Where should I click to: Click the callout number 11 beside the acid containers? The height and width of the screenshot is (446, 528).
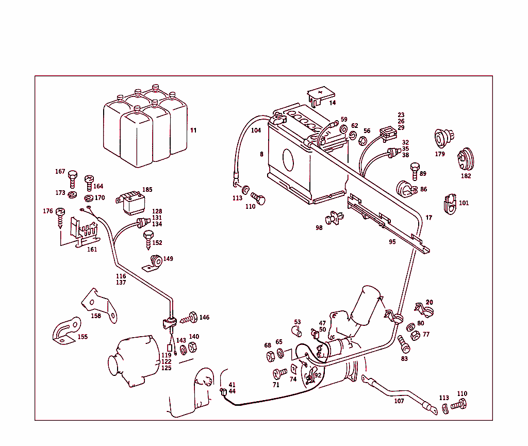tap(193, 130)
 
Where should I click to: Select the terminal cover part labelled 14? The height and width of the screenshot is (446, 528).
tap(320, 96)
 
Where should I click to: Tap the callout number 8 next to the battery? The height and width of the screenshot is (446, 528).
tap(261, 154)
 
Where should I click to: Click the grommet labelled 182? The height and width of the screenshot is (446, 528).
tap(466, 159)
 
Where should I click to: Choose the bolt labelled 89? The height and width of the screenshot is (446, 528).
tap(414, 170)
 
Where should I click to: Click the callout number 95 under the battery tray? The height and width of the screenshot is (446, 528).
tap(392, 241)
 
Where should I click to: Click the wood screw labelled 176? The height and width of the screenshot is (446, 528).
tap(61, 217)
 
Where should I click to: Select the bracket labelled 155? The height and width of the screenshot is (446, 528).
tap(66, 331)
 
